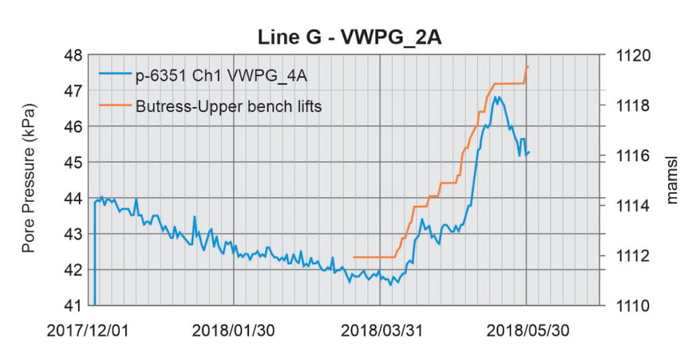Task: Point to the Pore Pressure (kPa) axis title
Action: [29, 179]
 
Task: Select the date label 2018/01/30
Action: [233, 331]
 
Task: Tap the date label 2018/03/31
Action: [380, 331]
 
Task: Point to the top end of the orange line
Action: [528, 67]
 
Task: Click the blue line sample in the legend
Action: [114, 76]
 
